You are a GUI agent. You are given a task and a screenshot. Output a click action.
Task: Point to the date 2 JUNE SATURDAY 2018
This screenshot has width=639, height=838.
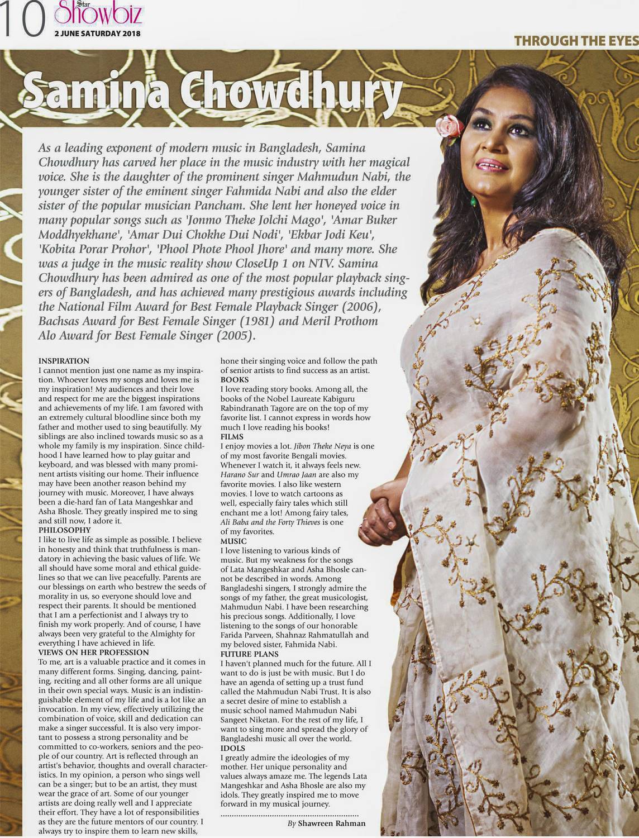pyautogui.click(x=97, y=34)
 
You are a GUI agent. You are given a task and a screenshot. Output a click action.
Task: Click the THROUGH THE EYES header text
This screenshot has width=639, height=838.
pyautogui.click(x=576, y=41)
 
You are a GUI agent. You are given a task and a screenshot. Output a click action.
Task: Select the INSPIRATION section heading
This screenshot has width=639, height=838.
pyautogui.click(x=64, y=361)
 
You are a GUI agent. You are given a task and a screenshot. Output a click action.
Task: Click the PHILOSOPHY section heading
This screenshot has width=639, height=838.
pyautogui.click(x=64, y=529)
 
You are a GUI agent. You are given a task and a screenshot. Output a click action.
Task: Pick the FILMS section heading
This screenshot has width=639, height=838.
pyautogui.click(x=232, y=436)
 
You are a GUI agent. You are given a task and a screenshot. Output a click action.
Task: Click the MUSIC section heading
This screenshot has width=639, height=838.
pyautogui.click(x=233, y=541)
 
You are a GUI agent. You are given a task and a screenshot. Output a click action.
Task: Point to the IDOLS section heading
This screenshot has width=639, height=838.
pyautogui.click(x=233, y=747)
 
